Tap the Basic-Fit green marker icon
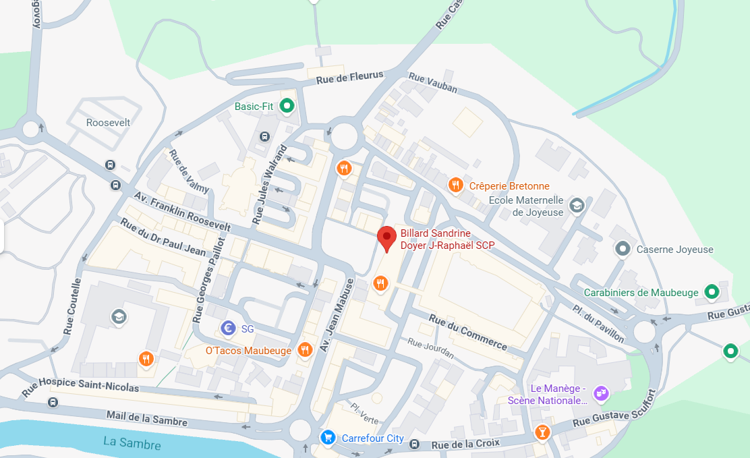click(287, 106)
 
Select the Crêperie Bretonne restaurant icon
click(456, 185)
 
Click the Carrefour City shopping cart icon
click(328, 438)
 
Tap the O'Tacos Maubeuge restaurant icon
click(305, 349)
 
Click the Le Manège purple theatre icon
click(601, 393)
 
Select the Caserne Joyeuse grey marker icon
click(623, 249)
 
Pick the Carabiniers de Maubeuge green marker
click(711, 292)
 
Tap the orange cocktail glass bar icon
click(542, 432)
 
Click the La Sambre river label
click(132, 444)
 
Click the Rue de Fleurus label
click(350, 78)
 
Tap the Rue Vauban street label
click(432, 84)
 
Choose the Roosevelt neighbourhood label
click(108, 123)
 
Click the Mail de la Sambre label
click(147, 418)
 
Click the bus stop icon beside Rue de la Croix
click(415, 444)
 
